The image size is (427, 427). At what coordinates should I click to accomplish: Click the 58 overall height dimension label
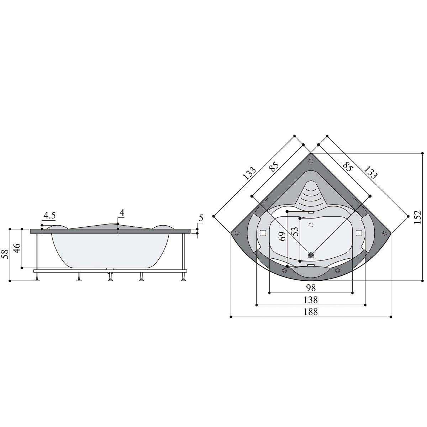pos(5,254)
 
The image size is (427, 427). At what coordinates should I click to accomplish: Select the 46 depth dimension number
pos(17,248)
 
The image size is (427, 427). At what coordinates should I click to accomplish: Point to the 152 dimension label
pos(417,217)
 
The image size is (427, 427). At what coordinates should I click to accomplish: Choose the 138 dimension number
pos(311,300)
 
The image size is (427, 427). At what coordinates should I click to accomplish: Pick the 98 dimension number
pos(310,288)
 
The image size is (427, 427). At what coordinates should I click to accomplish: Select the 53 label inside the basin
pos(295,232)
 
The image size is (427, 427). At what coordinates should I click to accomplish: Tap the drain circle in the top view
pos(311,255)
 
